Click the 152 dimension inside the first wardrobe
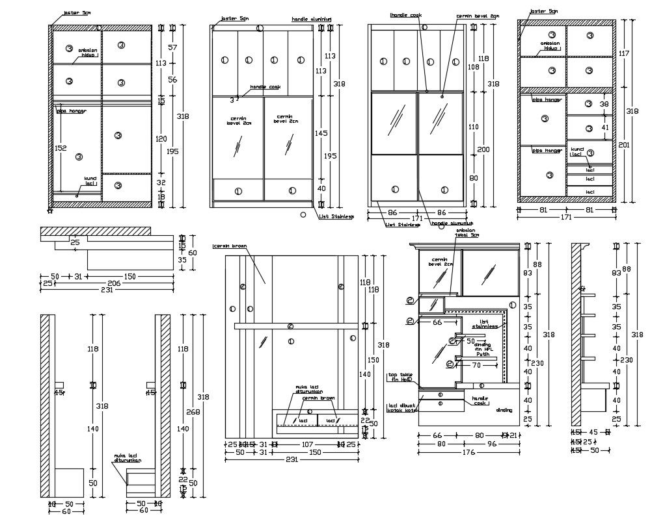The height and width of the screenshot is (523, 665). pos(61,147)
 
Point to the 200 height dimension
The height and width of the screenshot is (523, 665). pos(483,149)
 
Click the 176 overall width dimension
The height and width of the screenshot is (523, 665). pos(468,453)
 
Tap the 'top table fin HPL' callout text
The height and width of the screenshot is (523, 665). pos(401,377)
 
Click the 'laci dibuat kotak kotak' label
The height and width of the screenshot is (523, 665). pos(401,407)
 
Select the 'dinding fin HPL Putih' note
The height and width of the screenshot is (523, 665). pos(482,350)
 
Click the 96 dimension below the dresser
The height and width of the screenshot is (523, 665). pos(491,444)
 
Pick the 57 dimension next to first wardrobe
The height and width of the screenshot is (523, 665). pos(172,47)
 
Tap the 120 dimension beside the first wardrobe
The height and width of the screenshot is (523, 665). pos(161,138)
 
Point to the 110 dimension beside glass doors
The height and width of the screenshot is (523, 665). pos(473,127)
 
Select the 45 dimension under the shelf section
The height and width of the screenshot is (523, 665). pos(593,431)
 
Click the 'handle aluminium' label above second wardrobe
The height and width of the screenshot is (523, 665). pos(312,19)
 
